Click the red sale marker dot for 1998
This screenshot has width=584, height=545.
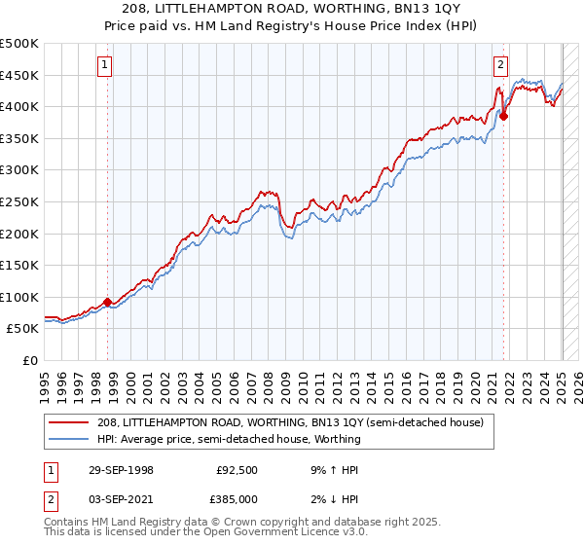click(107, 302)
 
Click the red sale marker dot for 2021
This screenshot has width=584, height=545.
click(503, 116)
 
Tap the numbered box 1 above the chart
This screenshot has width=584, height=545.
click(104, 65)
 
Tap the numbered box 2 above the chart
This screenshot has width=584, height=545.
click(500, 65)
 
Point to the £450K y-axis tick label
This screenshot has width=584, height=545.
click(19, 75)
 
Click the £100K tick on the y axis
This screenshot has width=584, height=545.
click(19, 297)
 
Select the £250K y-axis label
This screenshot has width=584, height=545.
click(19, 201)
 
